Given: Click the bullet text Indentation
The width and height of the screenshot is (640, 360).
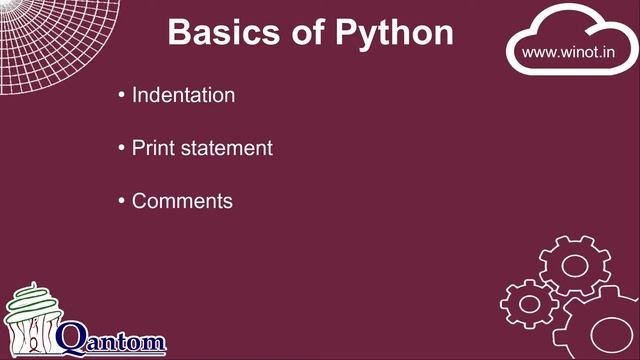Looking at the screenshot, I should click(x=184, y=95).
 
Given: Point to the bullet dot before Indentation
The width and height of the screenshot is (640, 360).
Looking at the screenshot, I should click(x=121, y=96).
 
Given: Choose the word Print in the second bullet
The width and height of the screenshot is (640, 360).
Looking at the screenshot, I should click(x=151, y=148).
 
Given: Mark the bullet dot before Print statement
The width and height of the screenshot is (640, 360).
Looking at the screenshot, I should click(x=121, y=149).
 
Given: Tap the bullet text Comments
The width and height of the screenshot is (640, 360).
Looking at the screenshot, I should click(x=182, y=201).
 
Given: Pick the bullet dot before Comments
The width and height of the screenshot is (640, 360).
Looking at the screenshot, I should click(x=121, y=202).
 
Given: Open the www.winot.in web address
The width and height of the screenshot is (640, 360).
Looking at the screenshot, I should click(x=568, y=51).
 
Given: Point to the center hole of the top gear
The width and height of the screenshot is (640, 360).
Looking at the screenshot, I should click(x=574, y=265).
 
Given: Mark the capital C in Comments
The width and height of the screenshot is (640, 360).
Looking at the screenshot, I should click(x=141, y=201).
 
